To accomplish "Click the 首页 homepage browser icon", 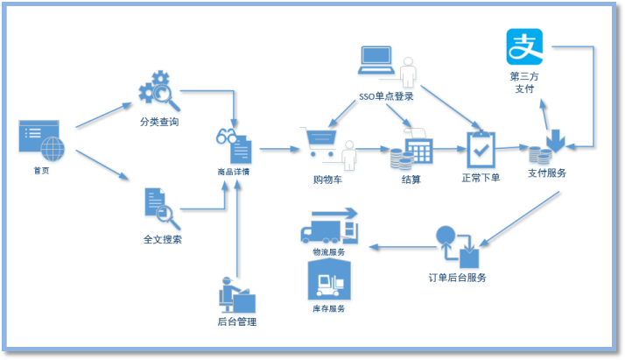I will click(x=41, y=139).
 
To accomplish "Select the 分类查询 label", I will click(x=159, y=123).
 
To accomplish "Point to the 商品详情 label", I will click(x=233, y=172).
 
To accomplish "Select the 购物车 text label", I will click(x=328, y=180).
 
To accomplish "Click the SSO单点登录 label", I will click(x=386, y=96).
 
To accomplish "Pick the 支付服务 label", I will click(x=547, y=173).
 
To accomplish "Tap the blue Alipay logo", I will click(x=525, y=46).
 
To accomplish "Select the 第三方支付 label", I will click(x=524, y=83).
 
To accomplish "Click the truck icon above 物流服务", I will click(x=329, y=226).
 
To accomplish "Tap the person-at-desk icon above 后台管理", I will click(x=236, y=295).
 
